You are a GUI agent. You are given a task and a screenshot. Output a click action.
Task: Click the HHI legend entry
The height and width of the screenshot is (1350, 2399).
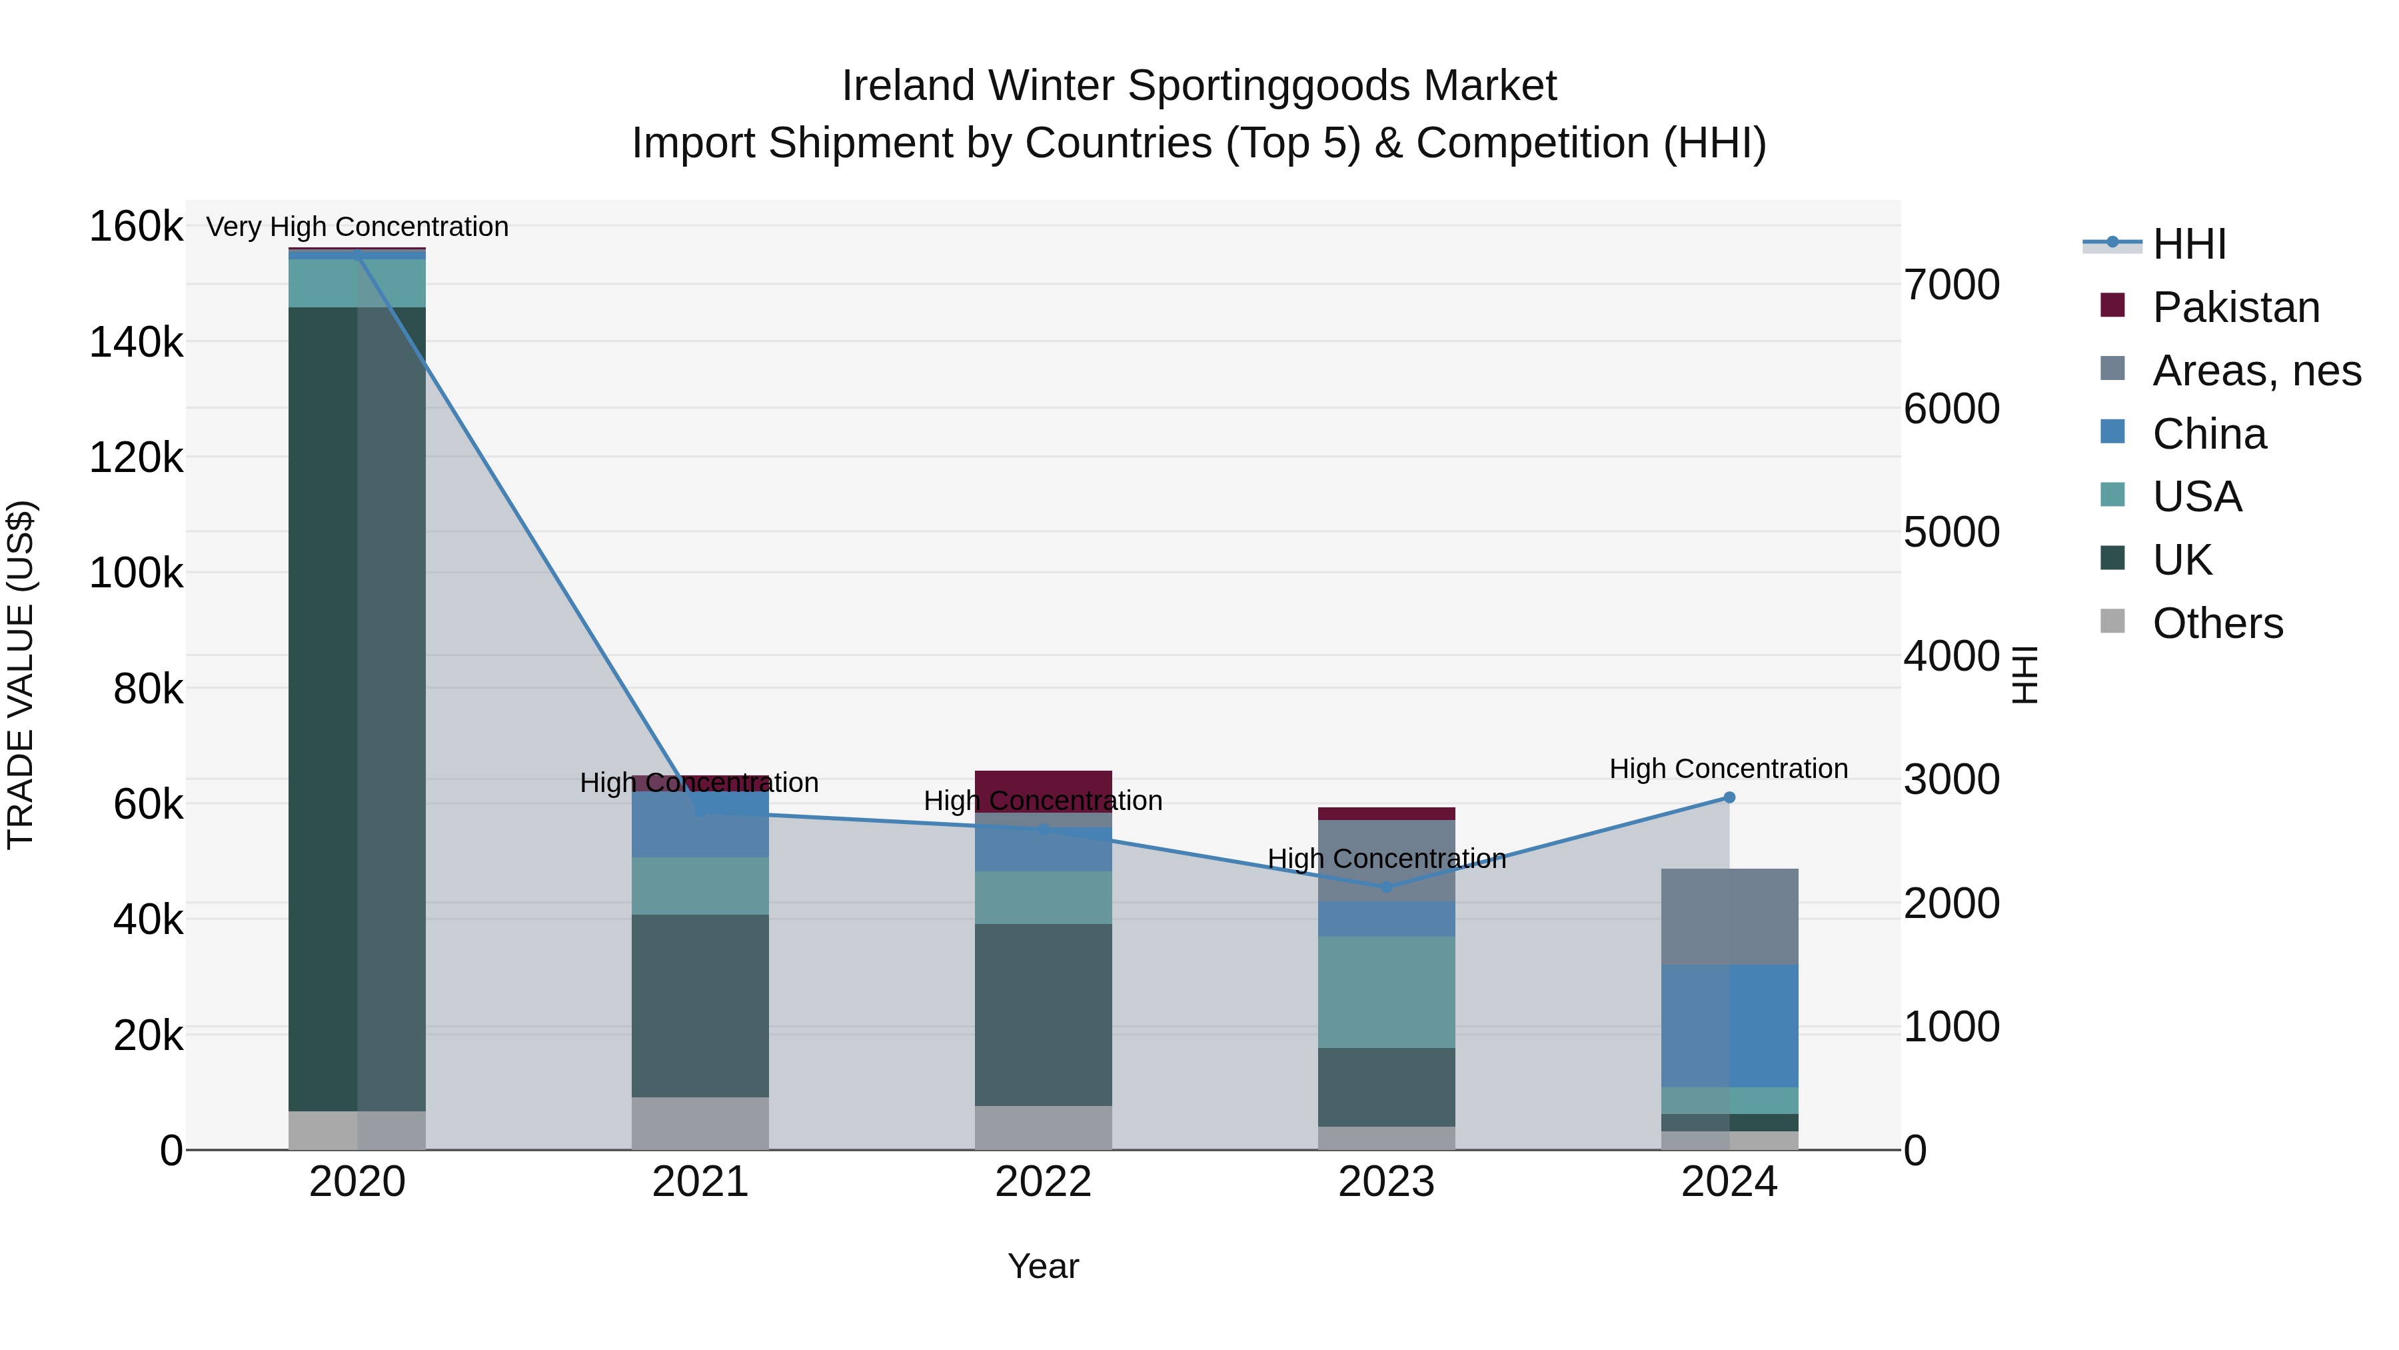(2188, 244)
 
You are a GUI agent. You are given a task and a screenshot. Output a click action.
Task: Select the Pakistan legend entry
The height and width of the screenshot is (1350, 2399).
(2235, 307)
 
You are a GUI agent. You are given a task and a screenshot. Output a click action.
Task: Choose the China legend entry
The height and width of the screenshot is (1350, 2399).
(2208, 434)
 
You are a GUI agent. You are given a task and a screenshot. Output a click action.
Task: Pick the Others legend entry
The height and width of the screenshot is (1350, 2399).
(2216, 623)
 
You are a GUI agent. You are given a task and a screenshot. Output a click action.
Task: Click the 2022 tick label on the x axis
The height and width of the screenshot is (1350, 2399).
(1043, 1182)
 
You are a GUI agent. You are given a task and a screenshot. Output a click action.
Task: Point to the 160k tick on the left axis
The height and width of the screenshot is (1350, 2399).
(136, 227)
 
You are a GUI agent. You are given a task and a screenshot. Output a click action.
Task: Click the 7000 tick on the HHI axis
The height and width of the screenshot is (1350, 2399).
(1951, 285)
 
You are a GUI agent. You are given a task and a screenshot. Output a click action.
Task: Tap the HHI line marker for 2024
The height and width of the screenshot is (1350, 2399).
(1729, 797)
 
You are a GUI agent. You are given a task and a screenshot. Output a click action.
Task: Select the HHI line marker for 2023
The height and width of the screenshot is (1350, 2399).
(1386, 887)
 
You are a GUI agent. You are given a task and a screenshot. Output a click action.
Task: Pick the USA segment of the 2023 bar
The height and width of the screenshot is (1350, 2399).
(1386, 992)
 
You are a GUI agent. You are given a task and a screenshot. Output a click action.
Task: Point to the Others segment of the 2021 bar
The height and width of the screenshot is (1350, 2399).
(700, 1123)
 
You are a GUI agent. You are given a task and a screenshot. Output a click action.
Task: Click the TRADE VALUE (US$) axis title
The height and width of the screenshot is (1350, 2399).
(21, 675)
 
